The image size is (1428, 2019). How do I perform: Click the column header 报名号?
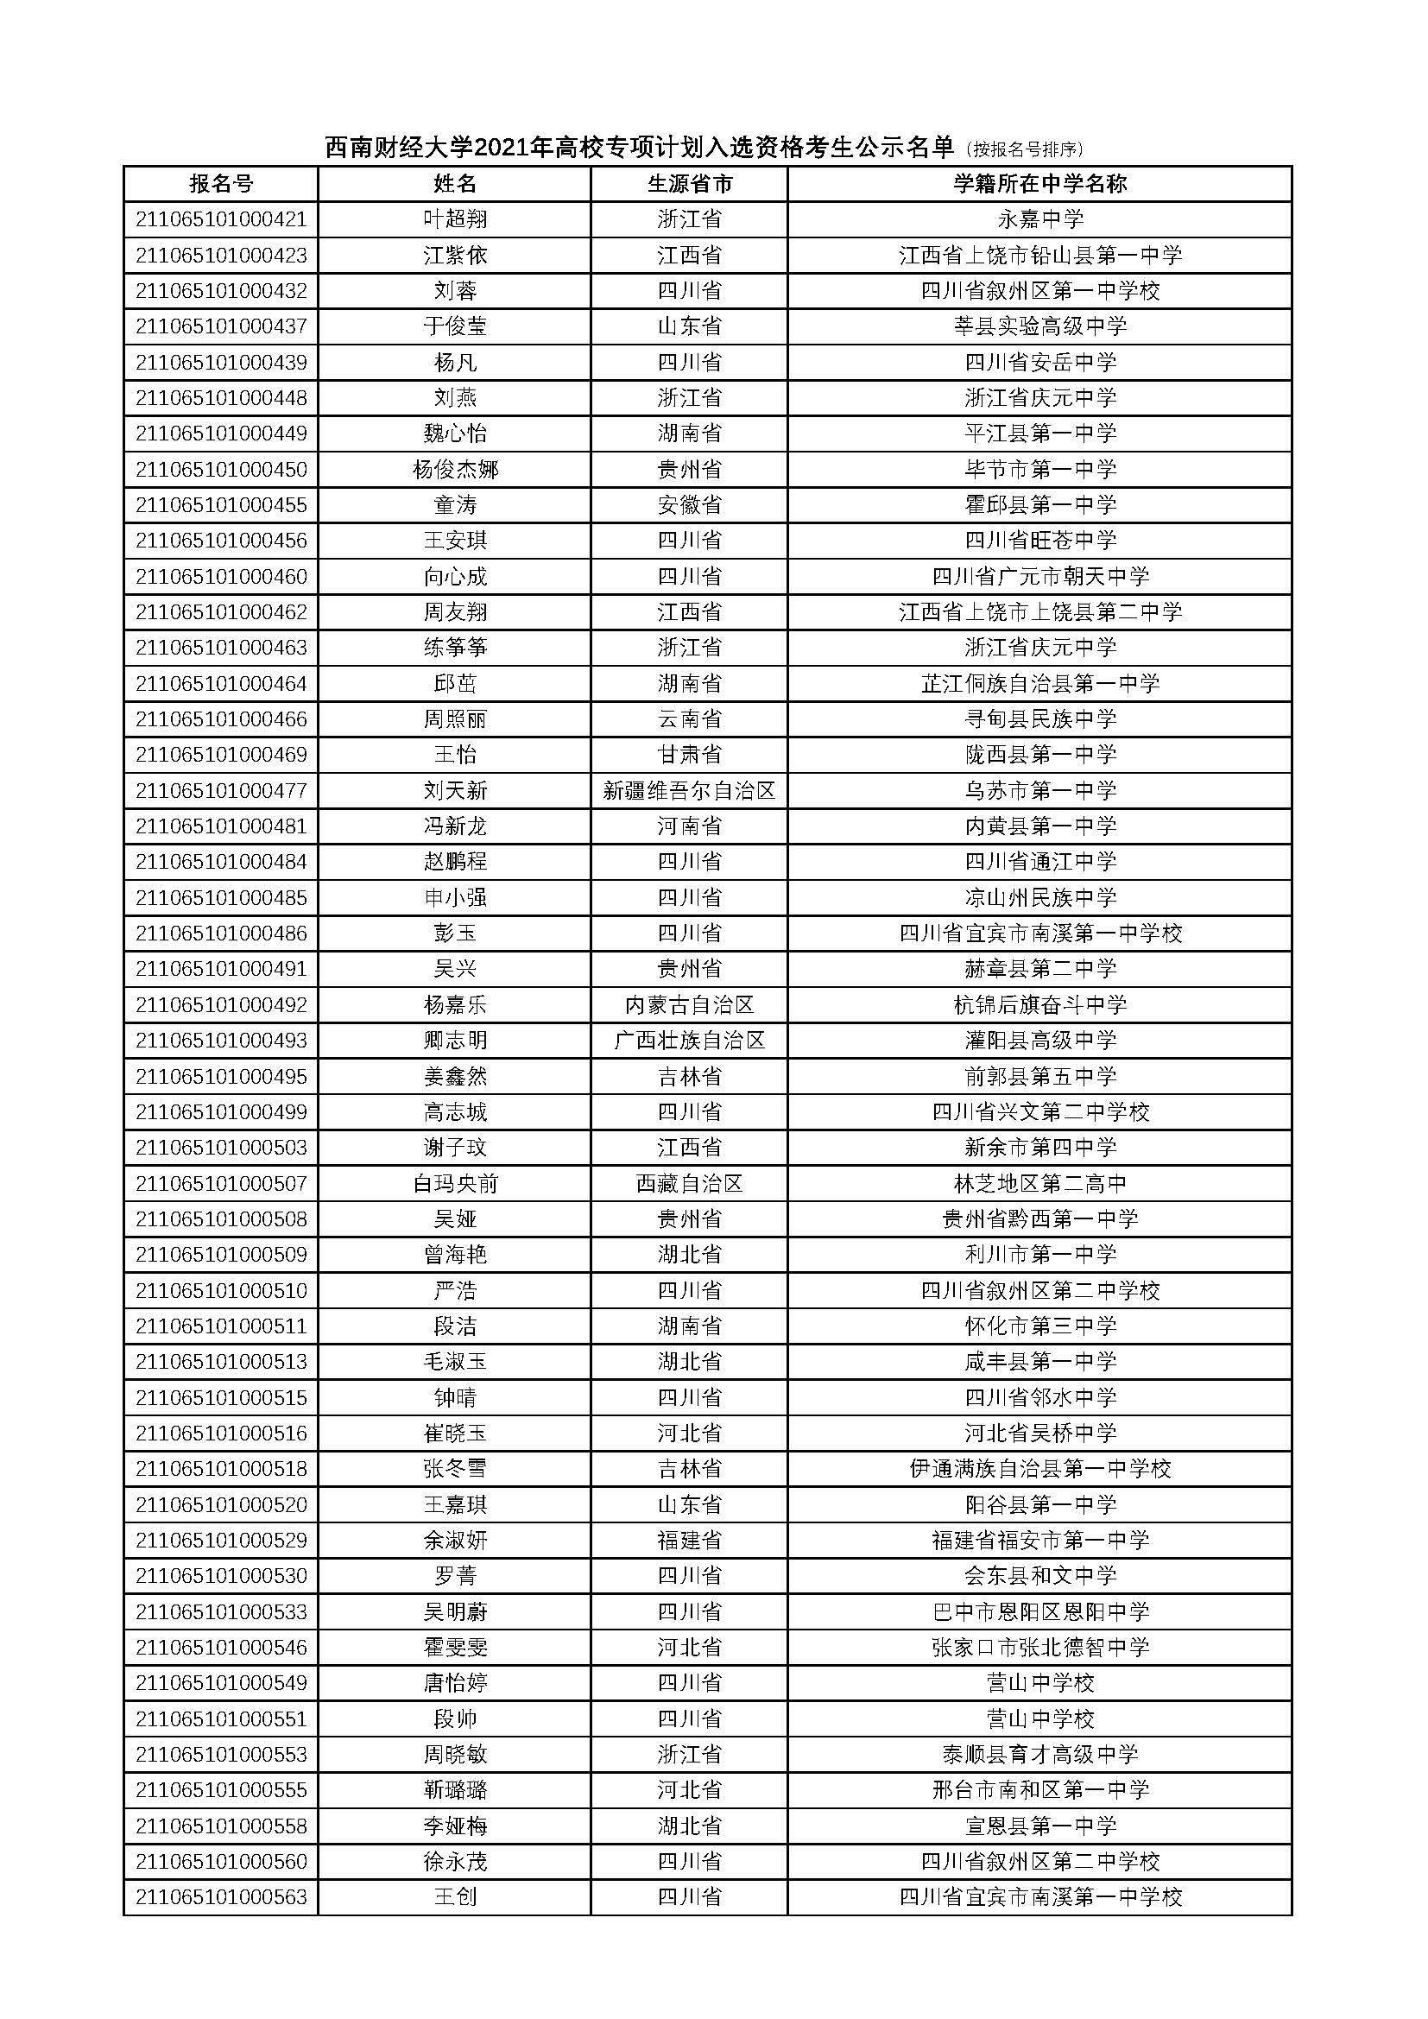(221, 184)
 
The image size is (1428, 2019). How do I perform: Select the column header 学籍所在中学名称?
(1039, 184)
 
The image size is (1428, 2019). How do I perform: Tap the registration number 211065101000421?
(221, 219)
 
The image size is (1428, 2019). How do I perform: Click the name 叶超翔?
(455, 219)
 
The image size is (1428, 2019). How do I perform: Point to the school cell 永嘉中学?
(1039, 219)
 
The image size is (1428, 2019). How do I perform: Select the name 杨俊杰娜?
(455, 470)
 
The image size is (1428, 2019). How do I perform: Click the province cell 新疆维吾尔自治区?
(688, 790)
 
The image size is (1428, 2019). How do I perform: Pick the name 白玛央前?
(455, 1184)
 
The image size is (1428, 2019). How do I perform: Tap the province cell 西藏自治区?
(688, 1184)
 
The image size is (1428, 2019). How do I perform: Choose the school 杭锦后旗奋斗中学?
(1039, 1005)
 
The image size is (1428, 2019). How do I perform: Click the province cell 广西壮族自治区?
(688, 1041)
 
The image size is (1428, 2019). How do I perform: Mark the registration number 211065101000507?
(221, 1184)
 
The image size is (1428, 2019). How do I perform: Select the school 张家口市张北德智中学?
(1039, 1648)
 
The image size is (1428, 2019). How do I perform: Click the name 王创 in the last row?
(455, 1897)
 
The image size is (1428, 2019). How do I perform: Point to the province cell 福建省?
(688, 1541)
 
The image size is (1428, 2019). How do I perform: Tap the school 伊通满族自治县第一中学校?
(1039, 1470)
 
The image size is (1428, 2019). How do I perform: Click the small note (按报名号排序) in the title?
(1025, 149)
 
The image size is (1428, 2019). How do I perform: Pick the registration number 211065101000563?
(221, 1897)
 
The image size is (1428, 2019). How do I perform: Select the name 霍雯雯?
(455, 1648)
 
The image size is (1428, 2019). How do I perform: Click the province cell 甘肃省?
(688, 755)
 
